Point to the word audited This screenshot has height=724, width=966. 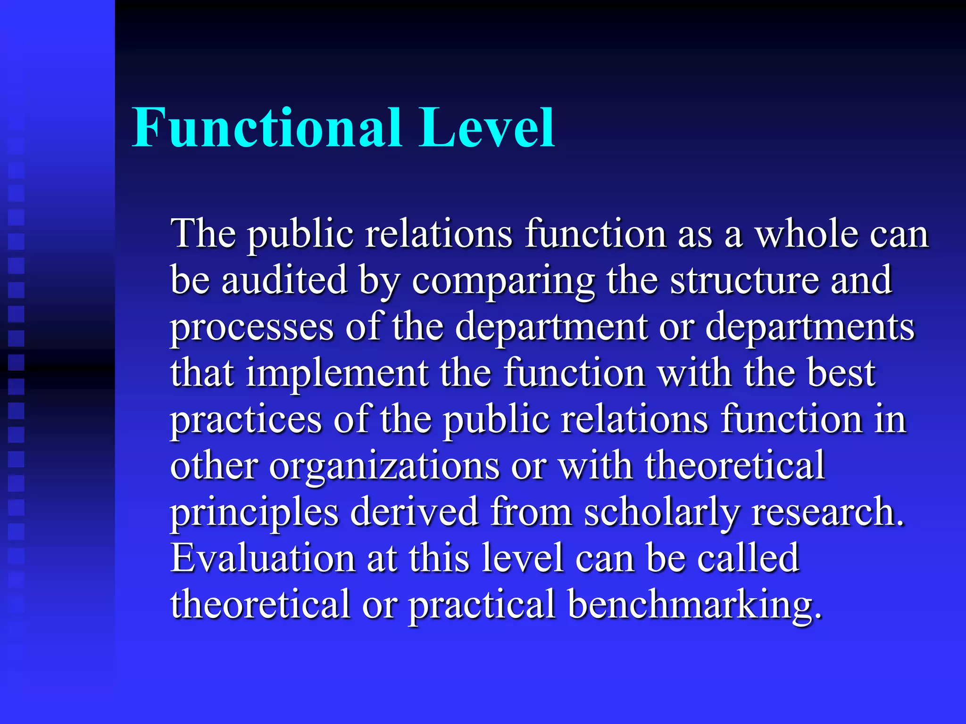pos(284,280)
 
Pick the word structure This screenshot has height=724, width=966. pos(744,280)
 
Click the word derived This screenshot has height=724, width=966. pos(414,511)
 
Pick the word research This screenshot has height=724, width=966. pos(828,511)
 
